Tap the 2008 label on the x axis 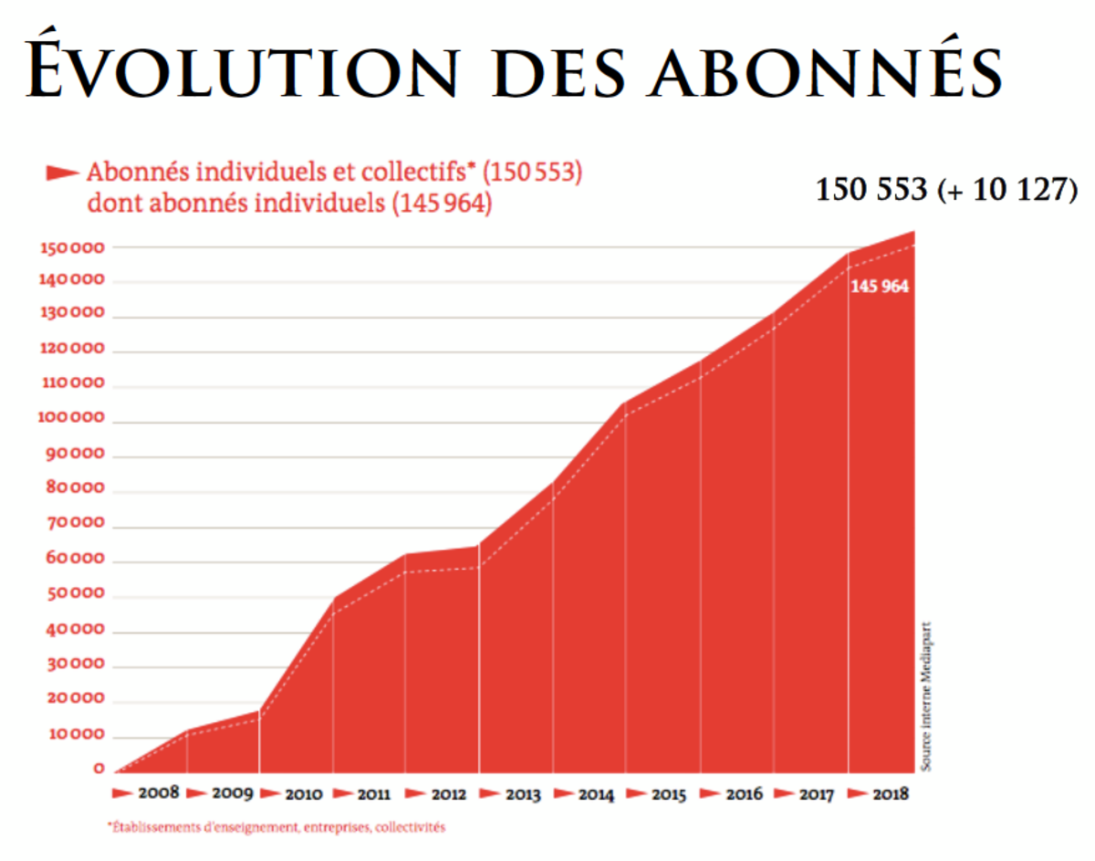[x=158, y=793]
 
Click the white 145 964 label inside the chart [x=880, y=286]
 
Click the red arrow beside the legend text [x=62, y=172]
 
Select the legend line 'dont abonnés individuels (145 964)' [x=289, y=203]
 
